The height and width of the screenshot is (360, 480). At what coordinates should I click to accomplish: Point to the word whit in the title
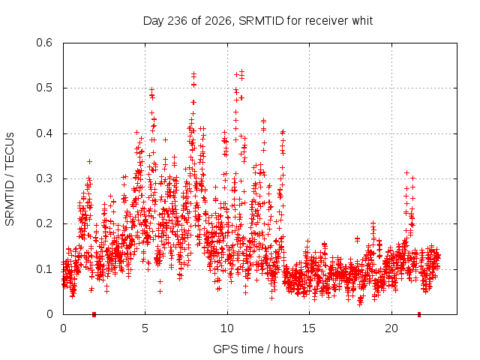tap(362, 21)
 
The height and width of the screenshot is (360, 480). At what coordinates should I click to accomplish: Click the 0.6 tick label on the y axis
tap(44, 43)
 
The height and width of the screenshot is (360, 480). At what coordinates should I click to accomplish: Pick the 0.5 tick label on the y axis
tap(44, 88)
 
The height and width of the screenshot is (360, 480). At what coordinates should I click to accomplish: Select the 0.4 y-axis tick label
tap(44, 133)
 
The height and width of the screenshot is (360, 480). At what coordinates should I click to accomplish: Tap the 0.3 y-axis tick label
tap(44, 178)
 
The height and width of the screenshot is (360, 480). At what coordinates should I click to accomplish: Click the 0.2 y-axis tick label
tap(44, 223)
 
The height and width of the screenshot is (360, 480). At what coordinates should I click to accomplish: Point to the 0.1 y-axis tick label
tap(44, 269)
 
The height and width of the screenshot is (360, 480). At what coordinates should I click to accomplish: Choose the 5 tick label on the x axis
tap(145, 328)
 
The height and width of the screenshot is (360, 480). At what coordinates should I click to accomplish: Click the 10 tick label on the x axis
tap(227, 328)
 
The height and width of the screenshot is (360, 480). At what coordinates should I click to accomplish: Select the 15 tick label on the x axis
tap(309, 328)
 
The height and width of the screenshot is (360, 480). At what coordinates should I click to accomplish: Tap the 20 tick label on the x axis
tap(391, 328)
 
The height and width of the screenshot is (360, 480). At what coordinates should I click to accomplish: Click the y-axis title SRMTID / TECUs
tap(10, 179)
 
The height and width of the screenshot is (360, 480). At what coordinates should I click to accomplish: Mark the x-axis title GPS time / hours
tap(258, 349)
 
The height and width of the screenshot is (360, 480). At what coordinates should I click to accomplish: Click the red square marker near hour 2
tap(94, 314)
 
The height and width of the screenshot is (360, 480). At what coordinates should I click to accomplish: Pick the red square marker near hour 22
tap(419, 314)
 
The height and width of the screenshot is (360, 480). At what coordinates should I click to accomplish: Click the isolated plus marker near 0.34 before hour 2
tap(89, 161)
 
